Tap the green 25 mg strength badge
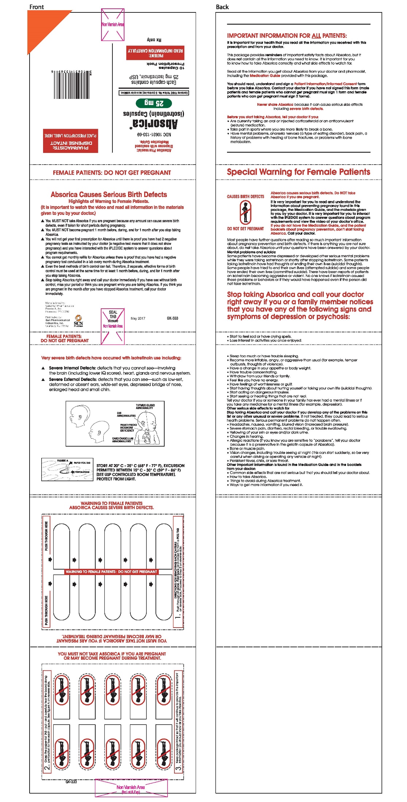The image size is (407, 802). point(154,103)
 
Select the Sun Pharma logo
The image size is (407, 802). point(78,321)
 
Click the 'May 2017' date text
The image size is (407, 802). point(138,319)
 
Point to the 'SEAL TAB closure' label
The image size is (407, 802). point(113,316)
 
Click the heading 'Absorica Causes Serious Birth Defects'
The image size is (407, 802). point(109,194)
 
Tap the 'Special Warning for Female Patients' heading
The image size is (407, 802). point(298,172)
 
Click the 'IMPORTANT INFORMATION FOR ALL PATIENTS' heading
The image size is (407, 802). point(287,36)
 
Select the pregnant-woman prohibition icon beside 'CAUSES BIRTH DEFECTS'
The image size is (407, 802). point(245,212)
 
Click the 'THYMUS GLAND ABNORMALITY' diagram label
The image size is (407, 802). point(145,406)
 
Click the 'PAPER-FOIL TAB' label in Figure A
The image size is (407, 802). point(82,463)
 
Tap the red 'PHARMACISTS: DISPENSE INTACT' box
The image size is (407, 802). point(70,141)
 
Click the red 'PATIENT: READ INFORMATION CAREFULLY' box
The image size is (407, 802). point(155,53)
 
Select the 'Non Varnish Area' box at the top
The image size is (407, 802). point(113,24)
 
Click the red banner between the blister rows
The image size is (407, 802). point(111,572)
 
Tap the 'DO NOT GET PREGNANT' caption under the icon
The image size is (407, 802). point(245,229)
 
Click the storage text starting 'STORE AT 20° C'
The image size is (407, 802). point(140,472)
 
